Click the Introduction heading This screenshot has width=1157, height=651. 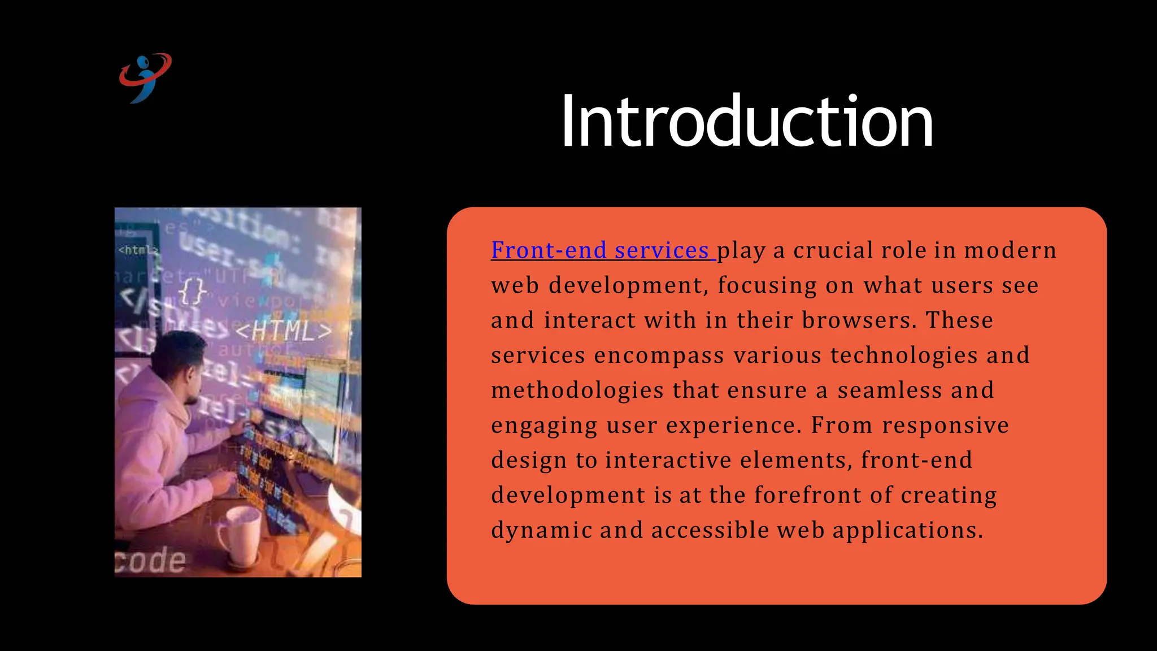tap(746, 121)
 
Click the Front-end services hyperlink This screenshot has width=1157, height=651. tap(600, 250)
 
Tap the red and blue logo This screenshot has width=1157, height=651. tap(145, 77)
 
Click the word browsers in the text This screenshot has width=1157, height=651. tap(856, 320)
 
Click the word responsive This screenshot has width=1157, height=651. tap(945, 426)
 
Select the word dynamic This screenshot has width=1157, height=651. tap(541, 531)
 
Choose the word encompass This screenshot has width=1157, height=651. tap(659, 355)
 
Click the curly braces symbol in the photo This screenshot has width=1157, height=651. tap(192, 292)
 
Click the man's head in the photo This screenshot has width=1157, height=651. tap(177, 362)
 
